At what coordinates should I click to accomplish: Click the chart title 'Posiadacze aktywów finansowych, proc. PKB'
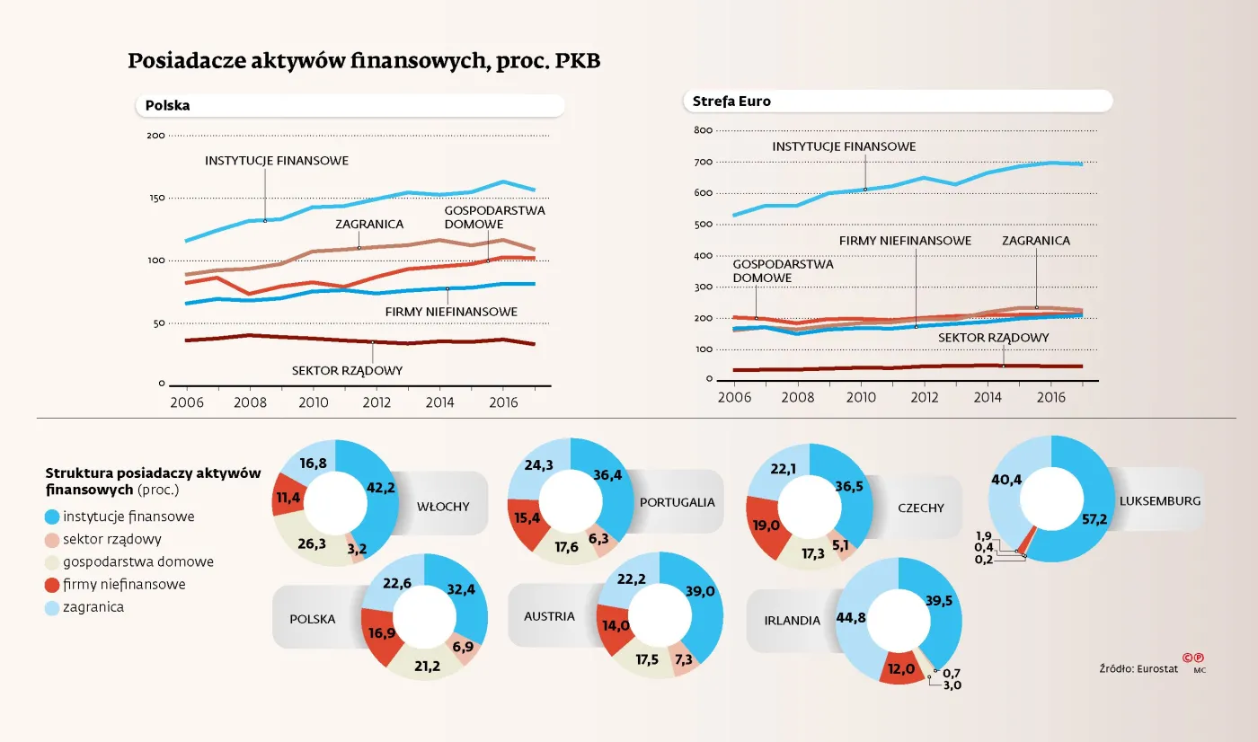coord(364,62)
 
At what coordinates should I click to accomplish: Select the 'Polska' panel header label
coord(167,106)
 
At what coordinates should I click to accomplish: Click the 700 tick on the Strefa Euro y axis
coord(703,162)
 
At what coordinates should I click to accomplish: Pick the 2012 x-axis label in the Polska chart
coord(377,402)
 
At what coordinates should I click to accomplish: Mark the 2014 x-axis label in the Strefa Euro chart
coord(988,396)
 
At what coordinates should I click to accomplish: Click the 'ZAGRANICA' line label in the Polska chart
coord(369,224)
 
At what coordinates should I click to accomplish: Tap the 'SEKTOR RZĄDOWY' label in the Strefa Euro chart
coord(994,338)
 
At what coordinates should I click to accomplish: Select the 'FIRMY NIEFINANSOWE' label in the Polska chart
coord(451,312)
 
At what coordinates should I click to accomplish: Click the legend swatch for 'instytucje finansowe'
coord(53,517)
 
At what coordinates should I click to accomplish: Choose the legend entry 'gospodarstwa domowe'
coord(138,562)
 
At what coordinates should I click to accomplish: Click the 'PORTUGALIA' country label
coord(677,502)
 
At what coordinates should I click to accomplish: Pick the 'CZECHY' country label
coord(920,508)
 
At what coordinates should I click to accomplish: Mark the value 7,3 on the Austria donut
coord(682,659)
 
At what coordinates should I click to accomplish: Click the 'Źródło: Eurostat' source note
coord(1138,668)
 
